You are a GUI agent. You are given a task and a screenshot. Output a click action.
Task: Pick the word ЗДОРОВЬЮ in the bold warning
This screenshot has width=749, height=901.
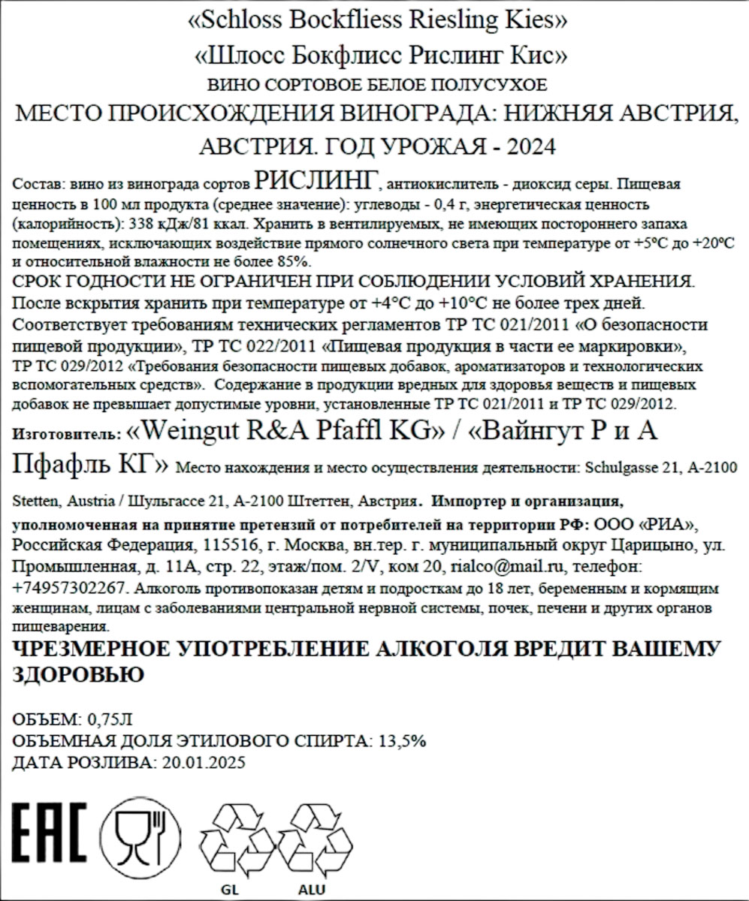(x=79, y=674)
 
